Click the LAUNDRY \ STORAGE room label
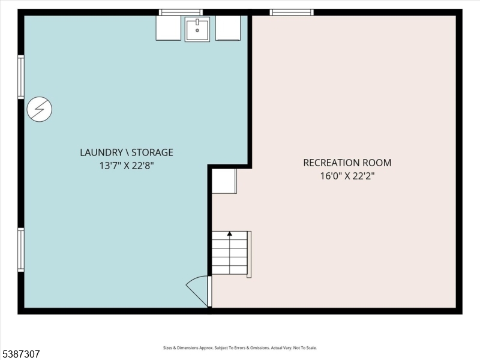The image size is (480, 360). [127, 152]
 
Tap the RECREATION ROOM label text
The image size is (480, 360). [347, 163]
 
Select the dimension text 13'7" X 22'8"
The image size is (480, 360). [127, 166]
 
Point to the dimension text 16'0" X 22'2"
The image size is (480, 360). [347, 176]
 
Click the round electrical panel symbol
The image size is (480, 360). [40, 109]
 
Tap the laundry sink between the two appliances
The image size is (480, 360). [197, 29]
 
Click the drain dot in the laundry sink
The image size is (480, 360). [197, 29]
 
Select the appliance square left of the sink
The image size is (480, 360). [168, 28]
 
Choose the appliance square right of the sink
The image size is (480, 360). [227, 28]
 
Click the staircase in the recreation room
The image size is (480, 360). [229, 253]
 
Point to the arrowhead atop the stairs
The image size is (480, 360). [229, 234]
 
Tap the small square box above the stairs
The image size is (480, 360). [224, 181]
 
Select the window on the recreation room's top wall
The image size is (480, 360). [292, 12]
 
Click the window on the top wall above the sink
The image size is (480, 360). [181, 12]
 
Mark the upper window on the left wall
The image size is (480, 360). [21, 77]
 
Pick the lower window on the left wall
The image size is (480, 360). [21, 250]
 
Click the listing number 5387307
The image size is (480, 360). [21, 354]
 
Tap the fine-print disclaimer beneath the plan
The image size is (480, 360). [240, 348]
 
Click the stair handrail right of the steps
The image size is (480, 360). [249, 254]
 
